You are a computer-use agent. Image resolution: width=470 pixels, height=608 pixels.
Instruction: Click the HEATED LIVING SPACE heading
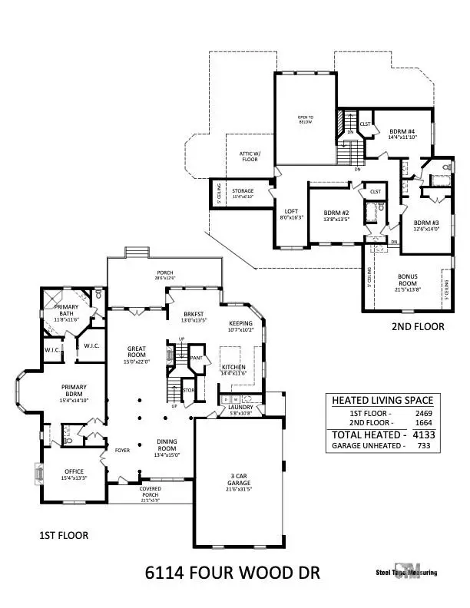(x=382, y=400)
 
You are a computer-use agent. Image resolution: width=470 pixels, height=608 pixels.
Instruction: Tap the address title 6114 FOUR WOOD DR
(x=232, y=572)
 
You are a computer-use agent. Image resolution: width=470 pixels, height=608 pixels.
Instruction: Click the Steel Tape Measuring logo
(x=406, y=577)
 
